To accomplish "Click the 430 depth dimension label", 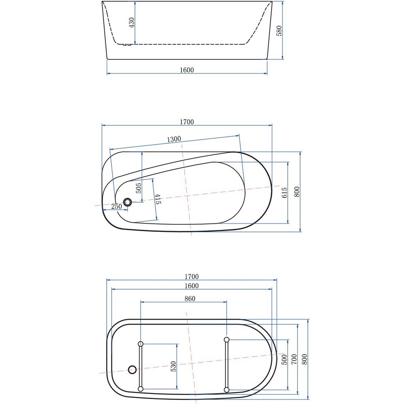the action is click(131, 23).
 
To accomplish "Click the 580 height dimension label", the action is click(279, 31).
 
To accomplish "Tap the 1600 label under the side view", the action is click(187, 70).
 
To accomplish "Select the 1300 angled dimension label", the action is click(174, 139).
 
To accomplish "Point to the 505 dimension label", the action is click(138, 188).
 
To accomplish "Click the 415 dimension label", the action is click(158, 199).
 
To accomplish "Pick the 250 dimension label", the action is click(116, 206).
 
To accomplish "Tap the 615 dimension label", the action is click(284, 192).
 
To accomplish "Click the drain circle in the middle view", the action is click(127, 202).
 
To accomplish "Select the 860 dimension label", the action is click(190, 299).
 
